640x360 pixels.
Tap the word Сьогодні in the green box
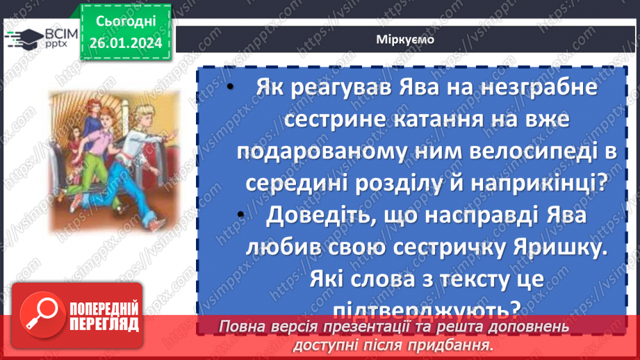click(x=126, y=22)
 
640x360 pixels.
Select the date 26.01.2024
click(x=126, y=43)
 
